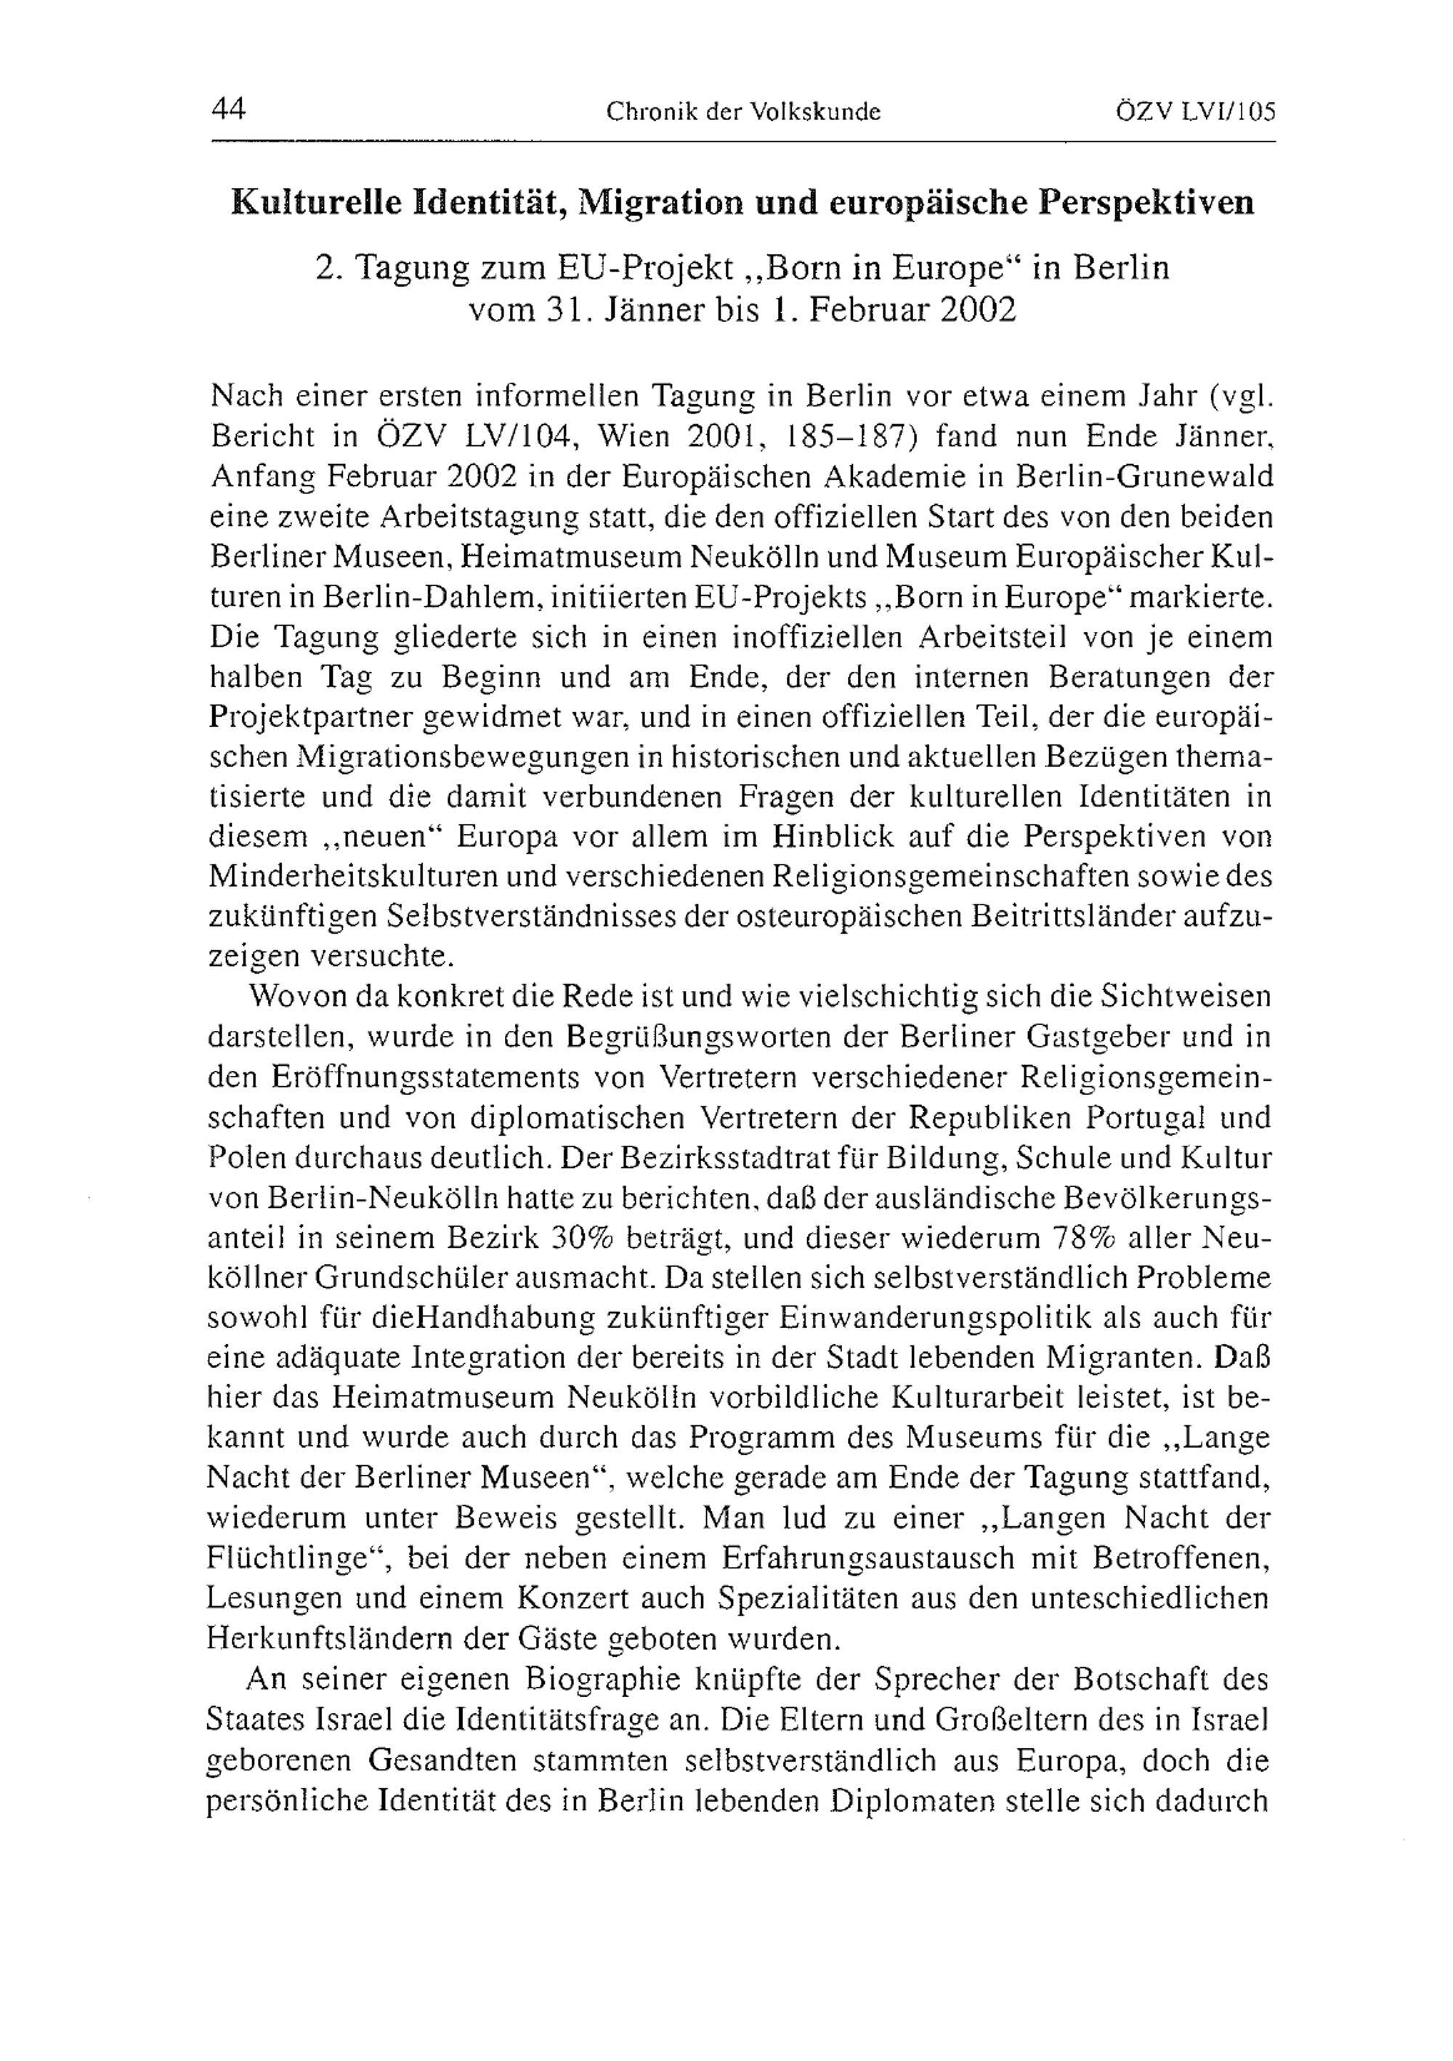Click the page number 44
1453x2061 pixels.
pos(229,110)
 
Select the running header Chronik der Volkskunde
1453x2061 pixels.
pos(743,111)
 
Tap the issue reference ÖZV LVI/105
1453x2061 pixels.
pos(1194,111)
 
